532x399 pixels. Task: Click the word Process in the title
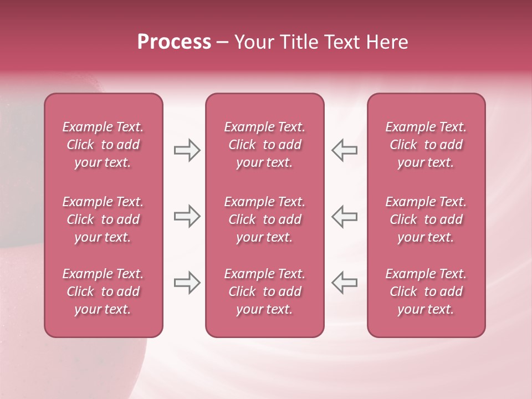coord(174,42)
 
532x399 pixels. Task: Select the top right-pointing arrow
coord(187,150)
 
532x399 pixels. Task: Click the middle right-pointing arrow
coord(187,216)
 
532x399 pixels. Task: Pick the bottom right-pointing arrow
coord(187,283)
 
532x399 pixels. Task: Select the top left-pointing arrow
coord(344,150)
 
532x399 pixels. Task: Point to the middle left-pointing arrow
coord(344,216)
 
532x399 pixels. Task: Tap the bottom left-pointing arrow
coord(344,283)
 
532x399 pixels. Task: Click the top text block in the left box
coord(103,145)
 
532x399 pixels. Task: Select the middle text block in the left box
coord(103,219)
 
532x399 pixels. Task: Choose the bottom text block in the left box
coord(103,291)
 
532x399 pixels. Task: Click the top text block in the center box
coord(264,145)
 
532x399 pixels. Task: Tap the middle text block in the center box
coord(264,219)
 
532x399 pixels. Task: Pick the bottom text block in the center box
coord(264,291)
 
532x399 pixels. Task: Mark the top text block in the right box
coord(426,145)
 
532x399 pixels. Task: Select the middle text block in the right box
coord(426,219)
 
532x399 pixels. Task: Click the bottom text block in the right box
coord(426,291)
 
